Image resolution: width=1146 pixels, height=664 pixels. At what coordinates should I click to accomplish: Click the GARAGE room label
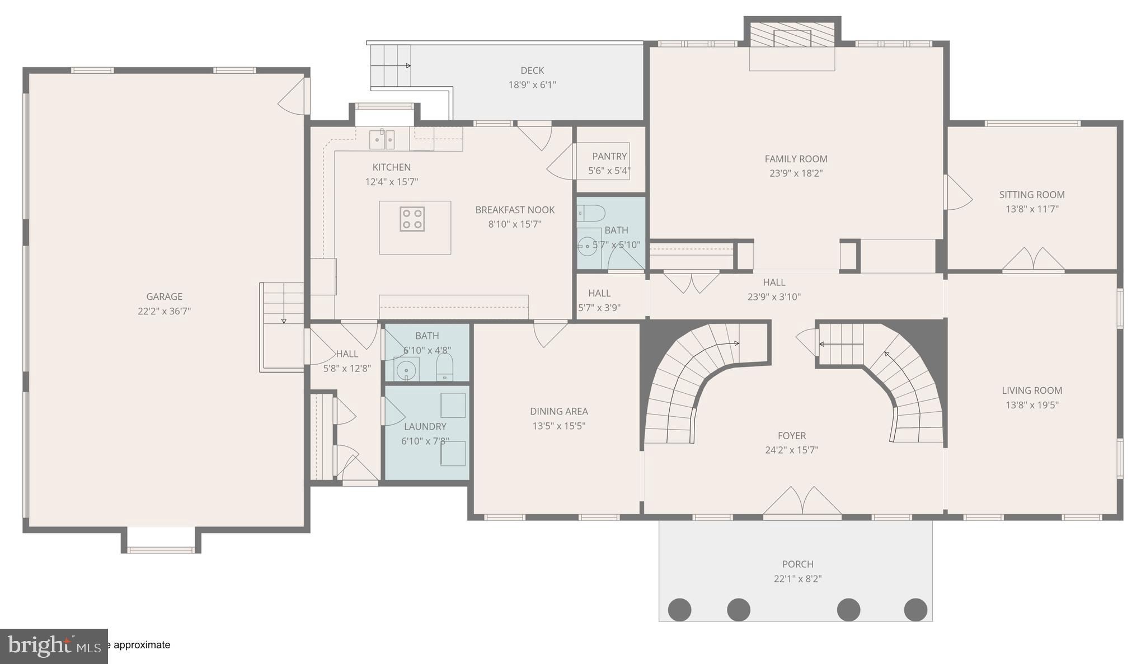pos(164,296)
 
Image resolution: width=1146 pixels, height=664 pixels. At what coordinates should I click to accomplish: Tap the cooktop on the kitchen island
pos(412,219)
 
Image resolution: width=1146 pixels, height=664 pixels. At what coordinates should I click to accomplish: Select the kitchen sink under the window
pos(382,139)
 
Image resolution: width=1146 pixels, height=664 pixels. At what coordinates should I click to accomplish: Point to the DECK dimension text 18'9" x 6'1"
pos(532,85)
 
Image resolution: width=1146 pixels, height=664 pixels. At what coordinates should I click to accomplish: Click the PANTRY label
pos(609,156)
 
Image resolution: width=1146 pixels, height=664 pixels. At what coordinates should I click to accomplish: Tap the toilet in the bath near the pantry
pos(591,213)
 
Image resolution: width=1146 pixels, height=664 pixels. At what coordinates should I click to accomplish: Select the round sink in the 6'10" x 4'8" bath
pos(406,369)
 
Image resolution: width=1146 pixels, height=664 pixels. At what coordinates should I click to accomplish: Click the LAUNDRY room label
pos(425,426)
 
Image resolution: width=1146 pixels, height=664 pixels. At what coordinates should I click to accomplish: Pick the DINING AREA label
pos(558,411)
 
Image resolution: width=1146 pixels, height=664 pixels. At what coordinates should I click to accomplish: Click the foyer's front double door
pos(802,502)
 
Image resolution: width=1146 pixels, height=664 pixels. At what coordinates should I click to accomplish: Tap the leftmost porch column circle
pos(679,609)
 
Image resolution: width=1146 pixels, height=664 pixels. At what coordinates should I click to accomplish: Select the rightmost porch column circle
pos(915,609)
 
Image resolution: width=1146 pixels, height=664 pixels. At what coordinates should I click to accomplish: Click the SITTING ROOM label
pos(1031,195)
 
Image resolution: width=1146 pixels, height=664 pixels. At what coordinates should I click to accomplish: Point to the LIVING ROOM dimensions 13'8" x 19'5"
pos(1031,405)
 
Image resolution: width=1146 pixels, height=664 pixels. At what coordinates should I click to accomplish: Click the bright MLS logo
pos(54,646)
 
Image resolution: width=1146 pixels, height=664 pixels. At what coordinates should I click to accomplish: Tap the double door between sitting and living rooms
pos(1032,260)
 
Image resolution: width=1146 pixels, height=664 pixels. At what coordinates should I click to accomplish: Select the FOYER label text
pos(791,435)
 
